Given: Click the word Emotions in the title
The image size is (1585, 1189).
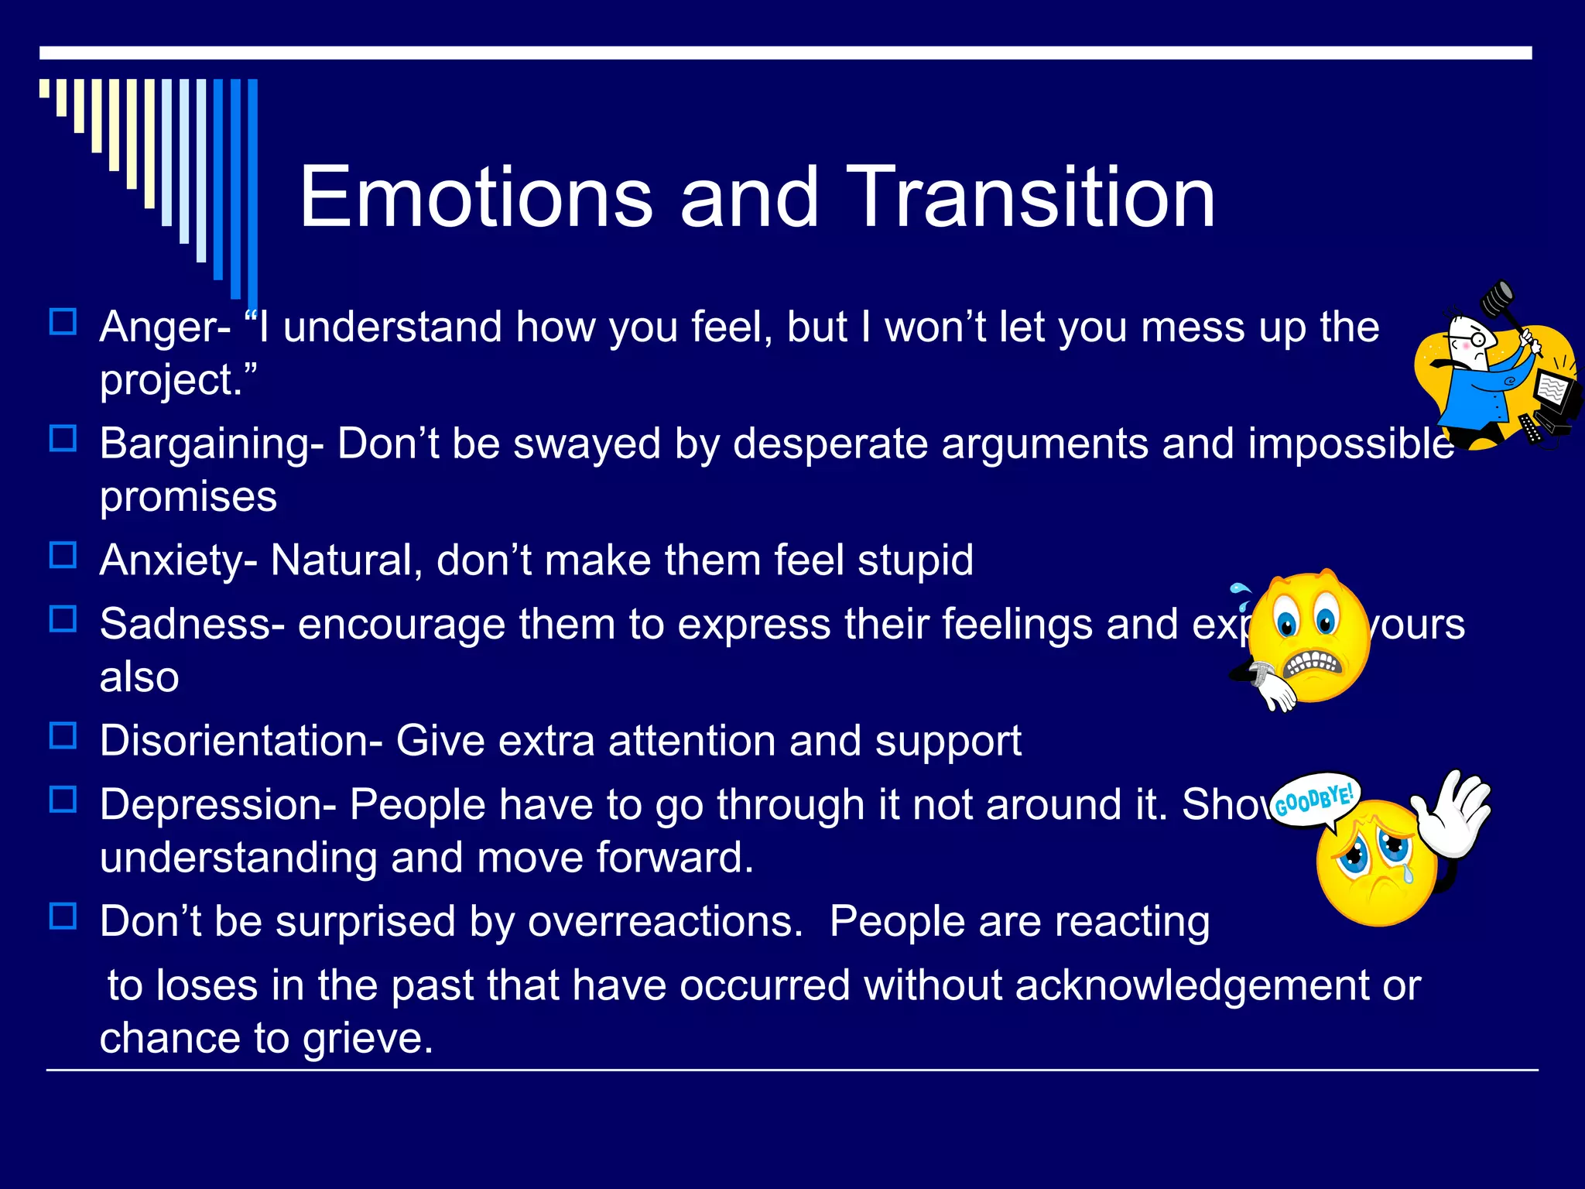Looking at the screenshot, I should [x=476, y=198].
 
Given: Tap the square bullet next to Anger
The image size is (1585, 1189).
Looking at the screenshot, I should [x=63, y=322].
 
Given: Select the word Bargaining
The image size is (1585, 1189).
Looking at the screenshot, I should [x=204, y=445].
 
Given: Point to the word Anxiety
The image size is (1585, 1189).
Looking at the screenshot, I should [x=171, y=560].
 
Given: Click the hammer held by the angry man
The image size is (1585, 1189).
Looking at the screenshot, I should [x=1498, y=298].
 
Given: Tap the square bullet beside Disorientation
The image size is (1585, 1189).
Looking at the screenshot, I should [x=63, y=736].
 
